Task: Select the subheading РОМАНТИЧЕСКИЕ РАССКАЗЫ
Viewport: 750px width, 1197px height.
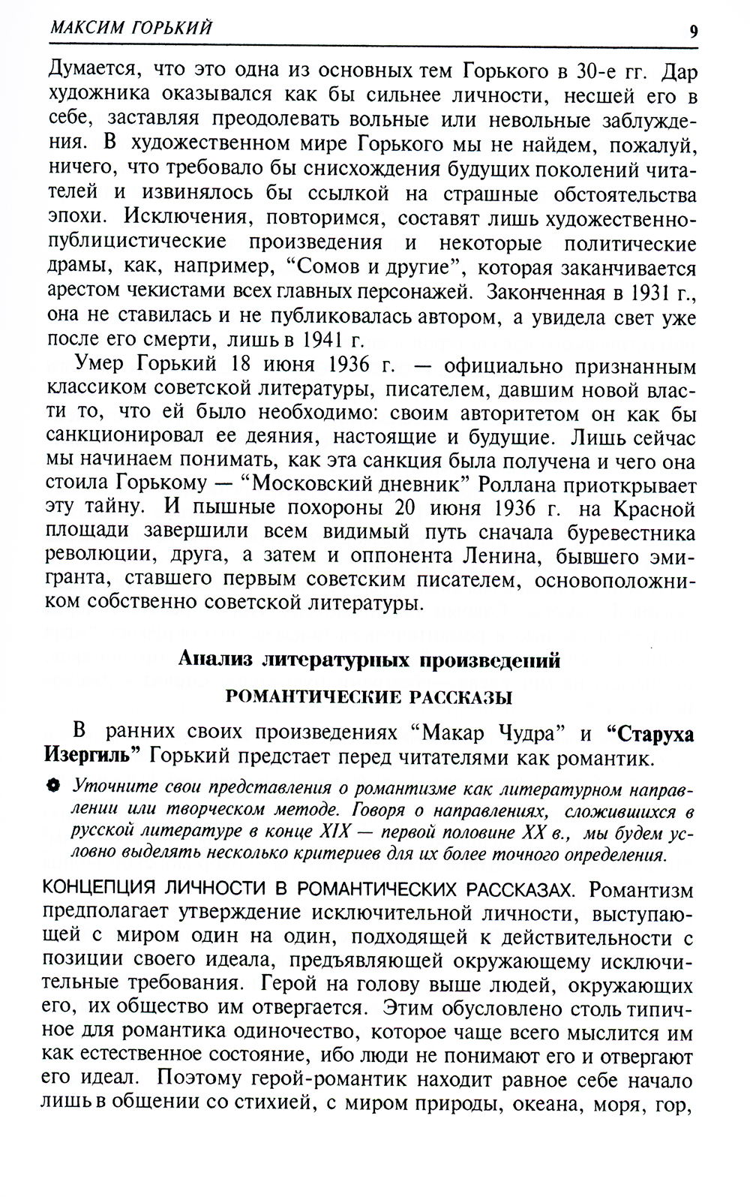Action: pos(369,698)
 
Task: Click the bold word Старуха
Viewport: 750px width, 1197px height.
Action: pos(649,733)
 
